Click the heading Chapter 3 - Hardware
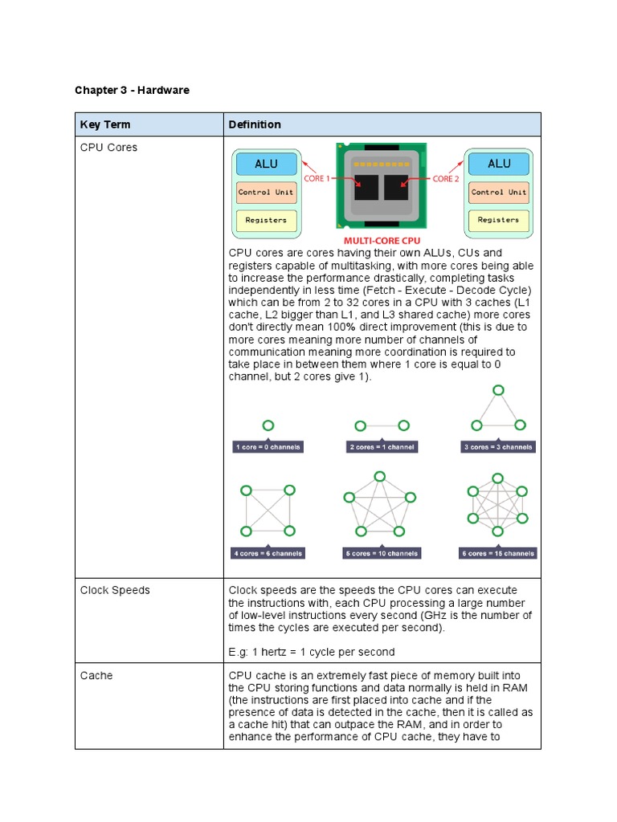pos(132,90)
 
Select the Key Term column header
pos(104,124)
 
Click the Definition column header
pos(255,124)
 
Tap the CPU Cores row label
pos(108,148)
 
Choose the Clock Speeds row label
pos(115,590)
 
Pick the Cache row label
pos(96,675)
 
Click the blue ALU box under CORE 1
pos(266,164)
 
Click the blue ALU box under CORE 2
pos(499,164)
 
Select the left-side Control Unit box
pos(266,193)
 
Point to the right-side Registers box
pos(499,220)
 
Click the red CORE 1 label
pos(316,178)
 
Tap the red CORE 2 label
pos(446,178)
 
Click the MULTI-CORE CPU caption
pos(382,240)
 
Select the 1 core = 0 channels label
pos(268,447)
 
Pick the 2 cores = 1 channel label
pos(382,447)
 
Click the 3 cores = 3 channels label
pos(499,447)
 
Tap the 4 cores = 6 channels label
pos(268,553)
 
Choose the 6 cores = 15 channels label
pos(499,553)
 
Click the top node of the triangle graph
pos(499,390)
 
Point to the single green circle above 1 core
pos(268,425)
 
